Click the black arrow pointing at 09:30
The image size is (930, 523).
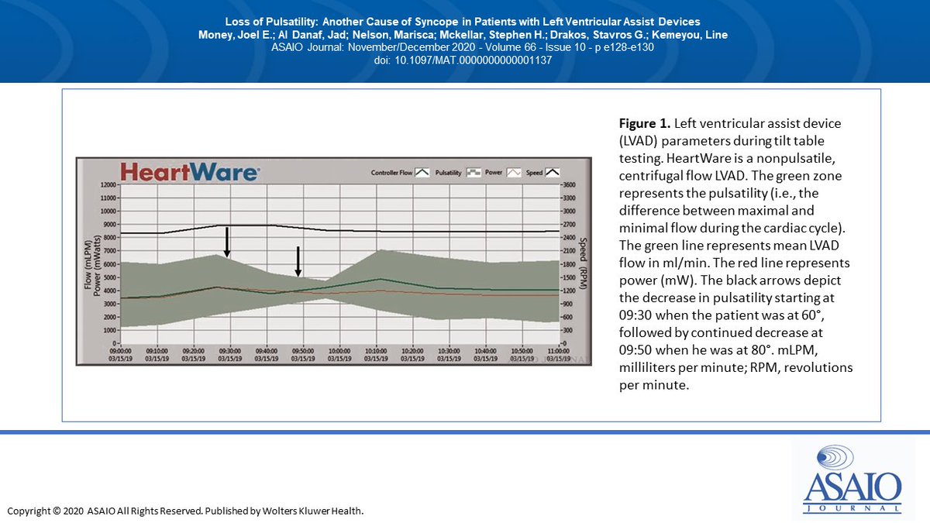tap(226, 242)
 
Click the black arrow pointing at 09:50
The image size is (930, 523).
tap(298, 262)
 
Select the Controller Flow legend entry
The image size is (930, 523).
tap(400, 173)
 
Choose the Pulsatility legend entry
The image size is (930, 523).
tap(456, 173)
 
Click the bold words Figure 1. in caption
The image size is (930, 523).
tap(643, 123)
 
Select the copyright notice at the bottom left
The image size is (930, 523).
tap(185, 511)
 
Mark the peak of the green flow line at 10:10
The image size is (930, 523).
tap(377, 279)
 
